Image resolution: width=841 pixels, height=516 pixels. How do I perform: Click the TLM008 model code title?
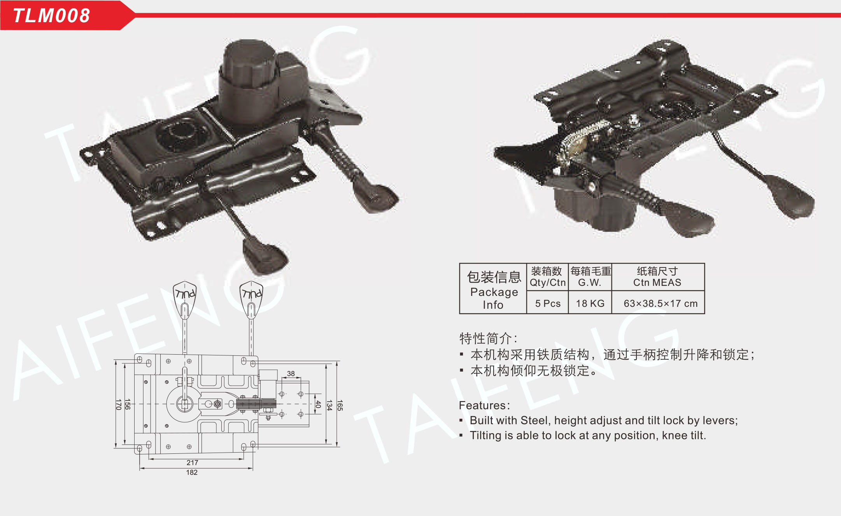(51, 16)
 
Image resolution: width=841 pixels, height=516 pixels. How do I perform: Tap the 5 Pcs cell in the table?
(548, 303)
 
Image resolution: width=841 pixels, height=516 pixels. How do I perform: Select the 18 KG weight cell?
(590, 303)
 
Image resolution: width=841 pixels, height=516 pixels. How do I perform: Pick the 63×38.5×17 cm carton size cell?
(660, 303)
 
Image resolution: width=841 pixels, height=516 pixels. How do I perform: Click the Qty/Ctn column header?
(547, 277)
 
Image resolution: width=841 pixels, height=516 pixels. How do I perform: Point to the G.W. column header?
(590, 277)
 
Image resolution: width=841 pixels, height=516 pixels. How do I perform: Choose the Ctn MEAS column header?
(657, 277)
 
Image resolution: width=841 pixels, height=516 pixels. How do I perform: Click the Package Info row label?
(494, 290)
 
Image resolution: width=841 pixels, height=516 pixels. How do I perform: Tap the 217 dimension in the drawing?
(192, 462)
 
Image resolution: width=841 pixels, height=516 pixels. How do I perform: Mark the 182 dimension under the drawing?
(192, 472)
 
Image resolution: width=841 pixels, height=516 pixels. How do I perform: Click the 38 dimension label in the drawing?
(291, 374)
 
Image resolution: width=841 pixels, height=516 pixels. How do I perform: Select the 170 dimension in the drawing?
(118, 404)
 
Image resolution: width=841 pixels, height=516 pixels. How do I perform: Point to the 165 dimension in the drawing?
(340, 405)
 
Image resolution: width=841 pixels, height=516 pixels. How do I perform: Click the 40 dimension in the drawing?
(318, 404)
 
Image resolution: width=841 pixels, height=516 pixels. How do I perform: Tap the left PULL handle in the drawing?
(185, 297)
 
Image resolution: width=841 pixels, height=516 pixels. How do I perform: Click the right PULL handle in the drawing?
(251, 297)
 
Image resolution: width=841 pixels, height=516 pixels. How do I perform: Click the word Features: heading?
(484, 406)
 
